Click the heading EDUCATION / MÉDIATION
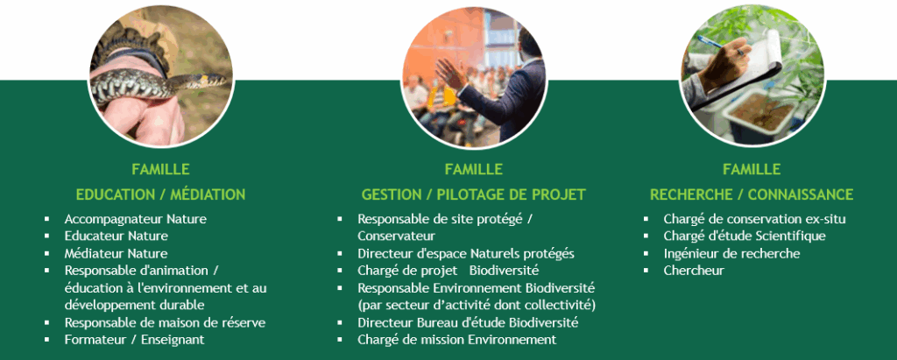pyautogui.click(x=161, y=194)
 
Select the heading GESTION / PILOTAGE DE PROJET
pyautogui.click(x=474, y=194)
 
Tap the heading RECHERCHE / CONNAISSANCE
pyautogui.click(x=752, y=194)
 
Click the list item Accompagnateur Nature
pyautogui.click(x=136, y=219)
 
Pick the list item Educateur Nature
pyautogui.click(x=117, y=236)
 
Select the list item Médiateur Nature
pyautogui.click(x=117, y=253)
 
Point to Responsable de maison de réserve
pyautogui.click(x=165, y=322)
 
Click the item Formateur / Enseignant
pyautogui.click(x=134, y=339)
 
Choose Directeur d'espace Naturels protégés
pyautogui.click(x=466, y=253)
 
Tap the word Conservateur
pyautogui.click(x=397, y=236)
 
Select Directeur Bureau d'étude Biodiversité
pyautogui.click(x=468, y=322)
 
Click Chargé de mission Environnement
pyautogui.click(x=457, y=339)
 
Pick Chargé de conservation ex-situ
pyautogui.click(x=754, y=219)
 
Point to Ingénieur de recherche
pyautogui.click(x=731, y=253)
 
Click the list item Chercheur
pyautogui.click(x=694, y=270)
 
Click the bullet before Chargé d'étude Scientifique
pyautogui.click(x=646, y=236)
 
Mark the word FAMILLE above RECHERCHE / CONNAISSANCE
pyautogui.click(x=752, y=169)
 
